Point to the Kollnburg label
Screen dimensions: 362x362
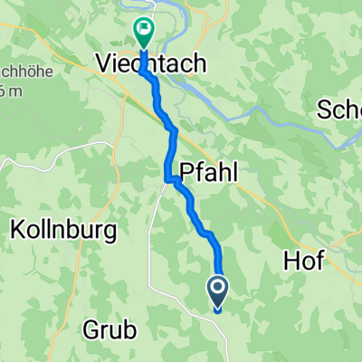[x=63, y=231]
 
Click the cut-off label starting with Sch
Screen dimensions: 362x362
[x=340, y=110]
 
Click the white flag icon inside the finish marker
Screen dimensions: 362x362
[x=143, y=30]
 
